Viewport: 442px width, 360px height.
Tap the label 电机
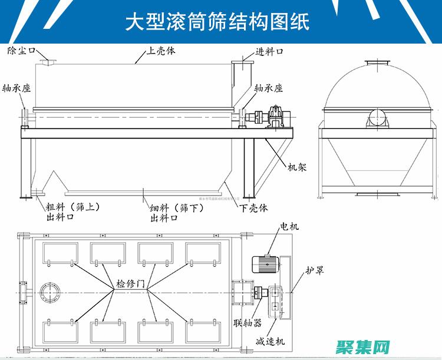click(289, 226)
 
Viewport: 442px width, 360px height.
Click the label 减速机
click(270, 342)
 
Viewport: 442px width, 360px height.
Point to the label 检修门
click(130, 284)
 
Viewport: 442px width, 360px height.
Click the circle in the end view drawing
click(377, 117)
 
